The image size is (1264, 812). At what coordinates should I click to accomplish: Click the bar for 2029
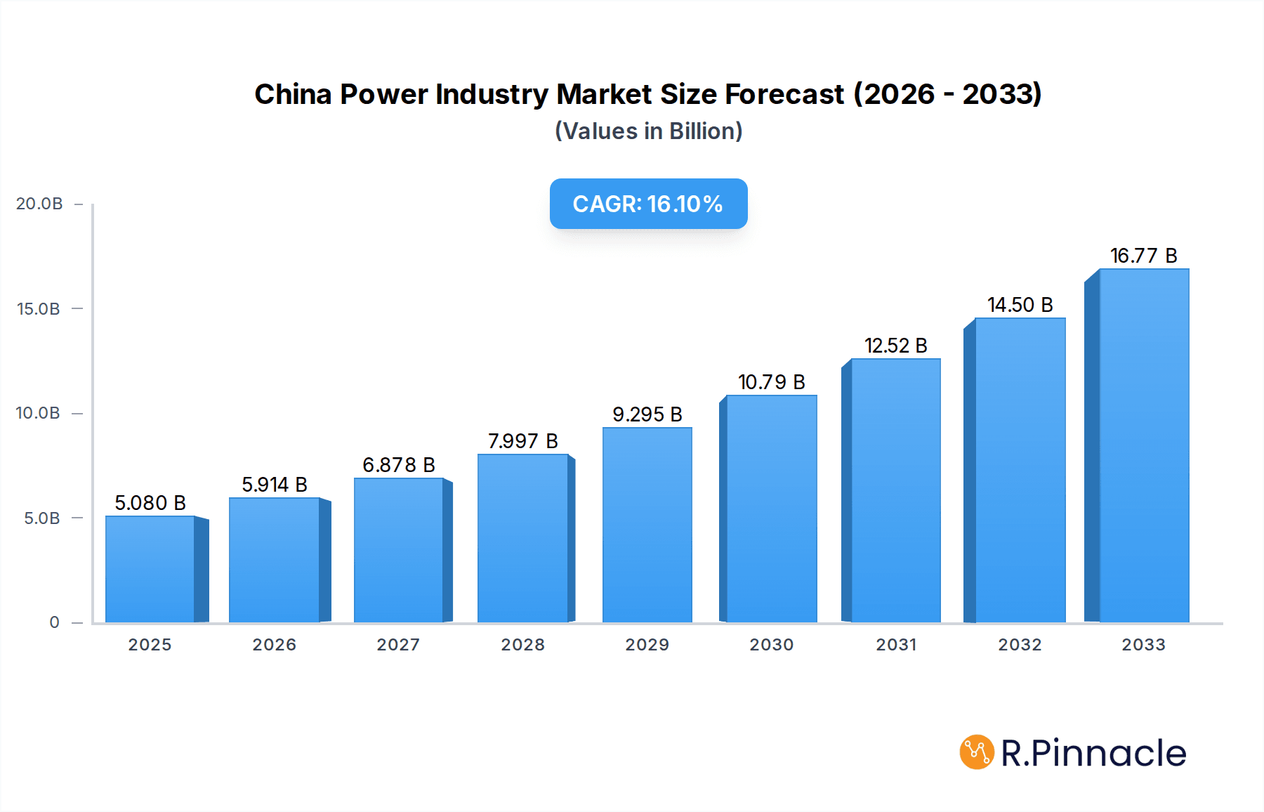point(647,525)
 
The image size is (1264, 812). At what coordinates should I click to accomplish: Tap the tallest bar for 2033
point(1144,445)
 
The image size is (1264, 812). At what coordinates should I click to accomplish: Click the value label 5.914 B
point(275,485)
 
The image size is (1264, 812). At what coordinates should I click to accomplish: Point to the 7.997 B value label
point(522,441)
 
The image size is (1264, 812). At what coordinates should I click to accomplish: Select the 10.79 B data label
point(771,382)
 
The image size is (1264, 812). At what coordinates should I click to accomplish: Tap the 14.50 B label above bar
point(1020,305)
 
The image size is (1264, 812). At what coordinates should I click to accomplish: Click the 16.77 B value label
point(1143,256)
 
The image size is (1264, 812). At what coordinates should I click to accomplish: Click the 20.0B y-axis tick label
point(39,204)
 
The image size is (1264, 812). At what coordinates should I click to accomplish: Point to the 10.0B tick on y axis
point(38,413)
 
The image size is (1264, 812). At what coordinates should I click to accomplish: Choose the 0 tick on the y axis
point(54,622)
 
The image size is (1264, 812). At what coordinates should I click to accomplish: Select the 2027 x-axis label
point(398,645)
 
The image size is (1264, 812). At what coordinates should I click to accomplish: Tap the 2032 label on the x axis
point(1020,645)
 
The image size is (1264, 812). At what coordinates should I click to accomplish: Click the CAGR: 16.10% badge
point(648,204)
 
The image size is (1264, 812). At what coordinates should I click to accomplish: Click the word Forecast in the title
point(784,94)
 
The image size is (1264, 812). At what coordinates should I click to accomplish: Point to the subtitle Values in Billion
point(648,131)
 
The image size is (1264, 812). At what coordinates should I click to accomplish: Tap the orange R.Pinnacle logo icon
point(977,752)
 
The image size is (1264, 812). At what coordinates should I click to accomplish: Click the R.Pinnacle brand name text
point(1093,753)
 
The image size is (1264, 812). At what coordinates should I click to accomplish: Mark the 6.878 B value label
point(398,465)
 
